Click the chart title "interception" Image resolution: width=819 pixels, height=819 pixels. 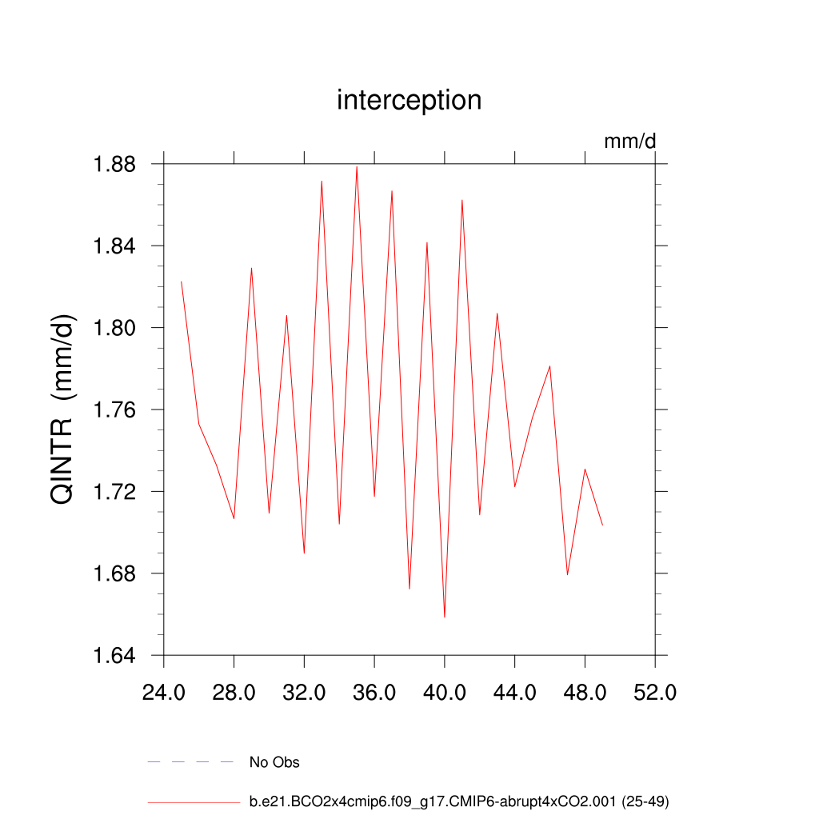[409, 101]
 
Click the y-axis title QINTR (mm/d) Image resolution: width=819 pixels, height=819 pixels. [63, 409]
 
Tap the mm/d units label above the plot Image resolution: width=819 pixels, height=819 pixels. [629, 142]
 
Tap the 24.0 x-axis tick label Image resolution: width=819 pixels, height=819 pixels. [163, 692]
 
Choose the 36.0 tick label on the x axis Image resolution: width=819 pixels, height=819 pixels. [374, 692]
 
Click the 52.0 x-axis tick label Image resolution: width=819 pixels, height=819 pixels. [655, 692]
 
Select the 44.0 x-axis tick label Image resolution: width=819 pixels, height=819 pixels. [515, 692]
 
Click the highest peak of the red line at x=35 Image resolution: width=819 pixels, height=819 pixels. [357, 166]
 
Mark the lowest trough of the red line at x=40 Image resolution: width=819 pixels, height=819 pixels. [445, 617]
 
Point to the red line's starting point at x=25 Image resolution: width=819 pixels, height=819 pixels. [182, 282]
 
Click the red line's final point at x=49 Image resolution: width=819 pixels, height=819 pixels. [602, 525]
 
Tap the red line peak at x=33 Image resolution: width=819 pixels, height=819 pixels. [322, 181]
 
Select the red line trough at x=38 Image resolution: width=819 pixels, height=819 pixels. [409, 589]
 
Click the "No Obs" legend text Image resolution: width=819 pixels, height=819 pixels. [274, 762]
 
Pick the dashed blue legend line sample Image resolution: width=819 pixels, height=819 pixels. [190, 762]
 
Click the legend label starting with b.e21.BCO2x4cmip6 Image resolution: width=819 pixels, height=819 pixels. [459, 801]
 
